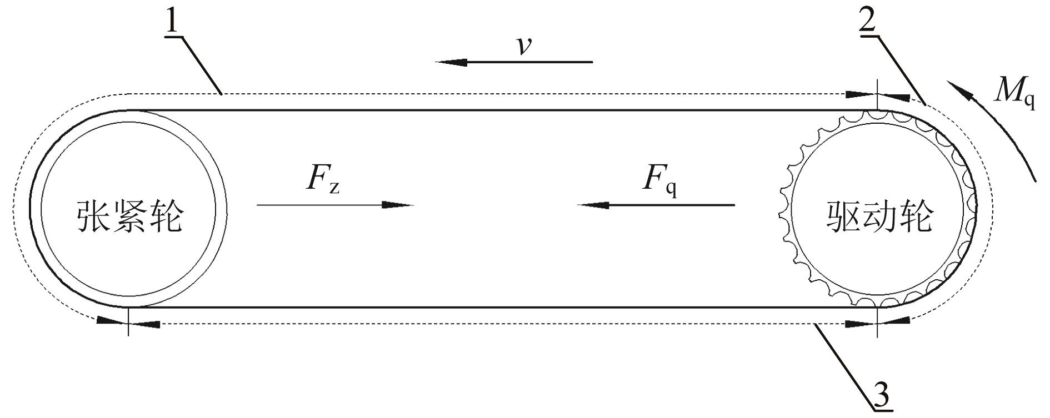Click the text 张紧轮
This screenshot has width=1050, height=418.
(x=129, y=216)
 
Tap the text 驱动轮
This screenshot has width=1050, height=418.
(x=880, y=216)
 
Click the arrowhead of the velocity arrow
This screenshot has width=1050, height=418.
(x=451, y=62)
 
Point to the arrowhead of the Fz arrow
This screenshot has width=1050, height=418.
(x=398, y=205)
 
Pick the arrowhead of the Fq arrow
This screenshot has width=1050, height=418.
(x=592, y=205)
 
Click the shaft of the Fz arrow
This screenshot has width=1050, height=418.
(x=320, y=205)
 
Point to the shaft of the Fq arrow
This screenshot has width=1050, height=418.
(x=671, y=205)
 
